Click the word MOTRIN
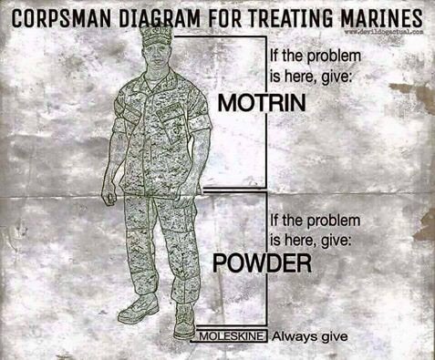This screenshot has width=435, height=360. coord(262,102)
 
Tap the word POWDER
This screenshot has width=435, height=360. coord(262,263)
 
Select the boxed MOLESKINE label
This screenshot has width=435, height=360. coord(232,336)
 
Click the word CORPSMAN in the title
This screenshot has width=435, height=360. coord(61,18)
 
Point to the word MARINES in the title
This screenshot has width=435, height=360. coord(381,18)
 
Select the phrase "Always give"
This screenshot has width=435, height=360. coord(310,336)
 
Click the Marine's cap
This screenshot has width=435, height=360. coord(156,36)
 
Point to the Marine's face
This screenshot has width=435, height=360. coord(157,57)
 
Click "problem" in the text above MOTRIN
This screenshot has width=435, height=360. coord(334,57)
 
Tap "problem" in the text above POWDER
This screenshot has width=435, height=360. coord(333,221)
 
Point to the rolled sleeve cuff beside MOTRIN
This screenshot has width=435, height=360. coord(202,125)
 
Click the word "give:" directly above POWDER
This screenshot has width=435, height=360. coord(336,241)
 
